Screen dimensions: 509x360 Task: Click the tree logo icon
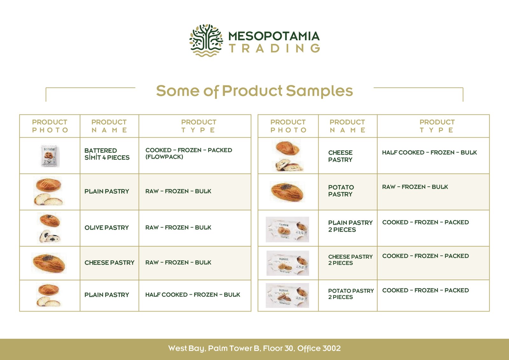click(x=206, y=40)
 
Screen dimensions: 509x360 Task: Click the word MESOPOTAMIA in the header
click(x=274, y=36)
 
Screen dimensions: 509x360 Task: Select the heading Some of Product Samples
click(x=254, y=91)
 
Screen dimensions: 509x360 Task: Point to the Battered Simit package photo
click(x=50, y=156)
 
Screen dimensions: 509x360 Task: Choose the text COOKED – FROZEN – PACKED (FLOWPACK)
click(x=189, y=153)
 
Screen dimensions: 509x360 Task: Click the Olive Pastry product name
click(x=107, y=228)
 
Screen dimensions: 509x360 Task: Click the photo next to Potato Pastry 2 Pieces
click(x=288, y=295)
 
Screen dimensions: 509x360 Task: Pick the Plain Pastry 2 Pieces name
click(x=350, y=226)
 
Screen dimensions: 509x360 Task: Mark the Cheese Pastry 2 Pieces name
click(x=350, y=260)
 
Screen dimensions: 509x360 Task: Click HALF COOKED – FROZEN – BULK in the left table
click(x=193, y=294)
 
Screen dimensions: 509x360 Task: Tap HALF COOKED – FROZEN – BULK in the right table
click(x=429, y=152)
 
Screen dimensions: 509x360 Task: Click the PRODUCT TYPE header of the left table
click(x=199, y=126)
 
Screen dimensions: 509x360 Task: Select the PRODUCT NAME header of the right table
click(x=347, y=126)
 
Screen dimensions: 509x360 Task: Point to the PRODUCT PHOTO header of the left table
click(x=50, y=126)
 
